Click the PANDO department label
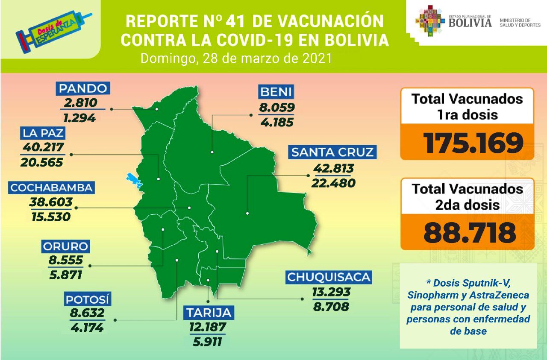click(x=82, y=88)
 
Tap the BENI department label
click(x=276, y=91)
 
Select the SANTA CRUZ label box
click(x=332, y=152)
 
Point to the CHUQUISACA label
click(x=329, y=277)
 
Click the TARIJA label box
click(x=209, y=312)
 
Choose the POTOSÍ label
click(x=88, y=299)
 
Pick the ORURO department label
click(x=65, y=246)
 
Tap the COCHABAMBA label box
click(x=52, y=188)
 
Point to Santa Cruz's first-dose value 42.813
click(x=333, y=169)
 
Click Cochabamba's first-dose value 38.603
click(x=51, y=202)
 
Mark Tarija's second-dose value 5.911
click(x=206, y=341)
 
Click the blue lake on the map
click(x=135, y=180)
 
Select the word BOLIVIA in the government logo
click(x=470, y=23)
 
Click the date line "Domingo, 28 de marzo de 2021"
click(x=236, y=58)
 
